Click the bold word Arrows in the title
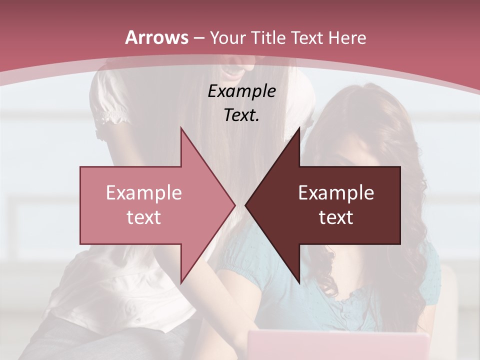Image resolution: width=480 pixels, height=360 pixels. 157,37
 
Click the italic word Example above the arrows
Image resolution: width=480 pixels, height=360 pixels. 241,91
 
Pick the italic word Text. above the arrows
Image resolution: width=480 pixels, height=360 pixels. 241,115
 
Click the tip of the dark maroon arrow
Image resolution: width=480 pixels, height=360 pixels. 246,205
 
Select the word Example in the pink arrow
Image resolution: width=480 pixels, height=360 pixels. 144,193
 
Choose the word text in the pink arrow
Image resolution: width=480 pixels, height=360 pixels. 144,217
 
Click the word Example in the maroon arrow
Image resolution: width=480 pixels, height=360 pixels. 336,193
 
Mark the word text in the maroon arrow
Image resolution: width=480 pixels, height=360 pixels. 336,217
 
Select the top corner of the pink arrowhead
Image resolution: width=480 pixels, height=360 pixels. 181,128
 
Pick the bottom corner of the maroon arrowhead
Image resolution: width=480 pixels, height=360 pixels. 299,283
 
